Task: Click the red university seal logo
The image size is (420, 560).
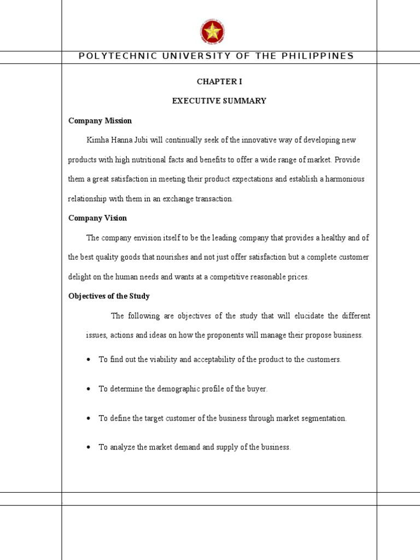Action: (212, 31)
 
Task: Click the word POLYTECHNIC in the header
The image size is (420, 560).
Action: (110, 56)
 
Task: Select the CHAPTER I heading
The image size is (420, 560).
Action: (219, 81)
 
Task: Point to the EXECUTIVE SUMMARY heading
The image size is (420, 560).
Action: (219, 101)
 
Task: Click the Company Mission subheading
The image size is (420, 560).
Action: (100, 121)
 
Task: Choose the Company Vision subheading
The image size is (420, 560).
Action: (97, 218)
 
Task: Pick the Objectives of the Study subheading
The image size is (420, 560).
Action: (109, 296)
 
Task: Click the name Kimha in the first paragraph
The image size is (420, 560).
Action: (97, 141)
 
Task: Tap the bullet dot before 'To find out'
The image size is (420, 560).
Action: (89, 360)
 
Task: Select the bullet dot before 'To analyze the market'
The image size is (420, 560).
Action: (89, 447)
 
